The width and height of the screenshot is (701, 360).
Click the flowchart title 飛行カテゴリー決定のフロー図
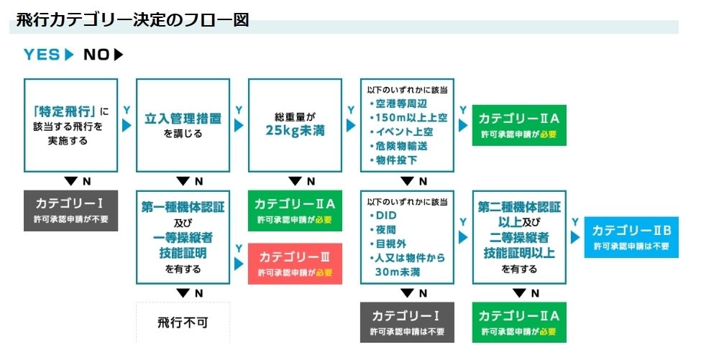click(132, 20)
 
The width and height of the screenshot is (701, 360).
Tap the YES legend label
click(42, 55)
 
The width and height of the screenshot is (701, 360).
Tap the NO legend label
click(96, 55)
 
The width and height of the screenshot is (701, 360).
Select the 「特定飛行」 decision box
click(70, 126)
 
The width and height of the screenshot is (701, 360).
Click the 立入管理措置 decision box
click(183, 126)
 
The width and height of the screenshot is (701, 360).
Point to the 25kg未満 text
click(295, 131)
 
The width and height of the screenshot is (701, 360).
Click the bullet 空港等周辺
click(398, 103)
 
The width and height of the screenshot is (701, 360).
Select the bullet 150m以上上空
click(408, 118)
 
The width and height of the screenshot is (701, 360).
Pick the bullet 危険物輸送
click(398, 146)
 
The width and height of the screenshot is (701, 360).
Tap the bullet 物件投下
click(393, 160)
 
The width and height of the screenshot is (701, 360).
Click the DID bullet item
click(383, 216)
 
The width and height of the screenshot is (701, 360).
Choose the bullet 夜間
click(383, 229)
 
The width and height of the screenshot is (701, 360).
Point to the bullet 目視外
click(388, 244)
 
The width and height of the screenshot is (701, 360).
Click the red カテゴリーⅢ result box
click(295, 264)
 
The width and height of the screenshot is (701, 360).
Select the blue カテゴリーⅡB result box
click(631, 237)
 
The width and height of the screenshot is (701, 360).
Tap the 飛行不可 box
click(183, 323)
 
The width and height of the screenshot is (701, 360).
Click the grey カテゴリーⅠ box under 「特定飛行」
click(70, 211)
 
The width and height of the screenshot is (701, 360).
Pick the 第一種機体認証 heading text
click(183, 207)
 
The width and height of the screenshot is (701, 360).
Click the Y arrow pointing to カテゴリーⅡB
click(575, 237)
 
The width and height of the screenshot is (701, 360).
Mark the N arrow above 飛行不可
click(183, 293)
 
